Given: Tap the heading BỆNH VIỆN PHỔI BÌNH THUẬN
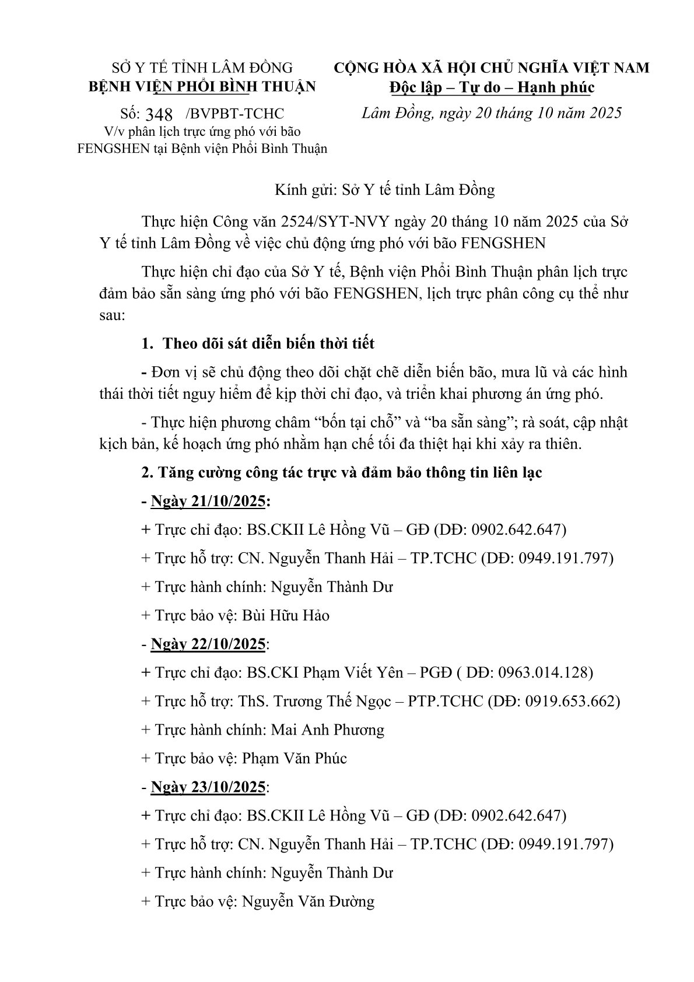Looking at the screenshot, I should tap(202, 87).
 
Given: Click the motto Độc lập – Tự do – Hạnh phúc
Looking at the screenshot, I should tap(492, 87).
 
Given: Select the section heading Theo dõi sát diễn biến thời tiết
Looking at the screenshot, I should tap(268, 343).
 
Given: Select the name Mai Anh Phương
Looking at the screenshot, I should tap(327, 730).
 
